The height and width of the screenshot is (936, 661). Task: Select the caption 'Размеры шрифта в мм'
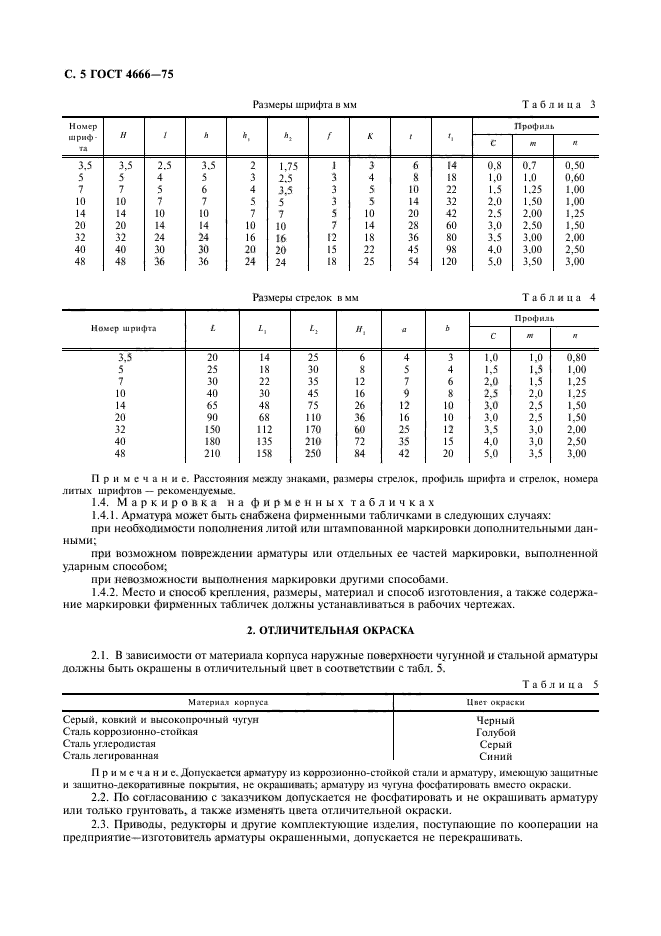pyautogui.click(x=304, y=104)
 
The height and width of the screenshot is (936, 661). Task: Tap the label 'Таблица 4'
pyautogui.click(x=559, y=297)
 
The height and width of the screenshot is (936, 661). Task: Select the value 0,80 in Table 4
pyautogui.click(x=574, y=357)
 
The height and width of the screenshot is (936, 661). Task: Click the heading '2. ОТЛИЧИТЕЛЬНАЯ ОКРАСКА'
pyautogui.click(x=330, y=632)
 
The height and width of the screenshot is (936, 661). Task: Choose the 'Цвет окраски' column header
pyautogui.click(x=496, y=703)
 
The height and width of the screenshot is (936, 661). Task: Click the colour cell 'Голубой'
pyautogui.click(x=496, y=732)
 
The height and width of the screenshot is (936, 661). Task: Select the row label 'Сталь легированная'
pyautogui.click(x=107, y=756)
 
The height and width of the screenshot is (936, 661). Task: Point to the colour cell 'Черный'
pyautogui.click(x=496, y=720)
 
